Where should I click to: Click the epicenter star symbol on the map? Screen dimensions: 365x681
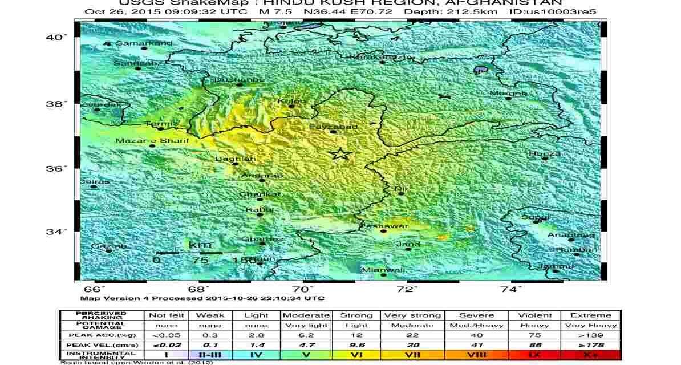340,153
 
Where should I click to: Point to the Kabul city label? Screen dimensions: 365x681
260,210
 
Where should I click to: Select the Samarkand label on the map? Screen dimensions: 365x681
136,43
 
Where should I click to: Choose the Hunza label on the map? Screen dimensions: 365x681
545,153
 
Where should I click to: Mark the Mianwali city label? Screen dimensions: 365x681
383,270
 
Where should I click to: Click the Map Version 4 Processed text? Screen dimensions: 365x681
202,298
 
